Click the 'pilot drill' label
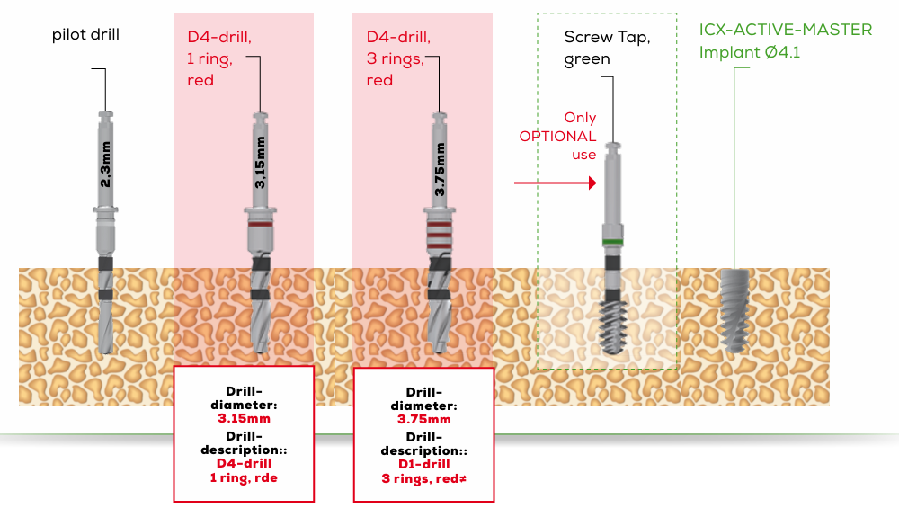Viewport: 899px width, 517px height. click(85, 35)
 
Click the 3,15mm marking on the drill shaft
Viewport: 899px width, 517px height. click(261, 163)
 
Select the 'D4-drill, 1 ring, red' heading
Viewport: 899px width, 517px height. click(218, 58)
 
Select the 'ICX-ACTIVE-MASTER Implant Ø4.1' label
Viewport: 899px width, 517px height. click(785, 40)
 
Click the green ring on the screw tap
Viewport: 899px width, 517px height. click(613, 242)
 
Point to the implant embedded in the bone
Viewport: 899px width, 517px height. click(735, 309)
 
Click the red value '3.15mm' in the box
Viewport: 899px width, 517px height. click(244, 418)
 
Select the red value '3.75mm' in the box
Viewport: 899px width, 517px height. click(423, 419)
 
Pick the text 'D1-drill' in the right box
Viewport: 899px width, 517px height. click(423, 464)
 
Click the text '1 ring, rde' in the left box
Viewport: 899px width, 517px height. click(244, 477)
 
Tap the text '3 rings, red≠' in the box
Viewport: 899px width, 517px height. click(423, 477)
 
